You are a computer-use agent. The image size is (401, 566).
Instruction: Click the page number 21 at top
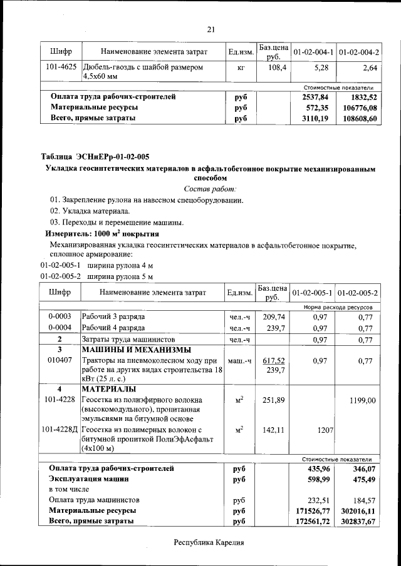(x=211, y=28)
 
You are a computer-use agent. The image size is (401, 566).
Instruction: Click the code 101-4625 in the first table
(x=62, y=67)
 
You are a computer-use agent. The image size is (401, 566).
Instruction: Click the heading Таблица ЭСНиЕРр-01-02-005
(x=95, y=156)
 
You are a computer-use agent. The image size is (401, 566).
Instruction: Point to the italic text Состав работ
(x=211, y=189)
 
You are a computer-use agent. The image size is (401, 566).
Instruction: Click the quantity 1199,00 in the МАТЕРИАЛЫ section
(x=363, y=400)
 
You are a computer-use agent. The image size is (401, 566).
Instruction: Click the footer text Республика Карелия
(x=208, y=543)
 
